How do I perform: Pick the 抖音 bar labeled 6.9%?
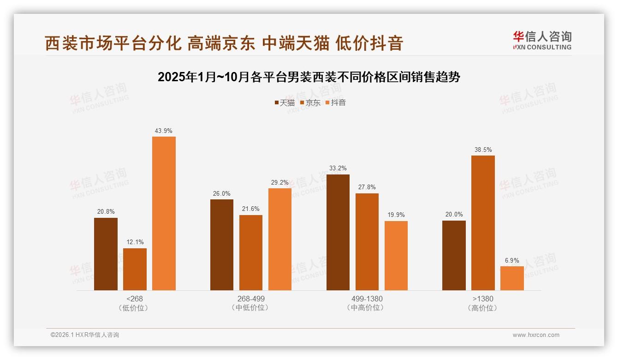512,278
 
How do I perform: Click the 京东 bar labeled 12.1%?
135,269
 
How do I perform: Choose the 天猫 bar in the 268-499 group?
222,245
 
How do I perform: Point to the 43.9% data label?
164,131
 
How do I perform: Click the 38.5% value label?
483,150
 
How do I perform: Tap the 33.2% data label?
338,168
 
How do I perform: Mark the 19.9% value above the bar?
396,215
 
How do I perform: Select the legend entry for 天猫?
285,103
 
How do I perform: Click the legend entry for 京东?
310,103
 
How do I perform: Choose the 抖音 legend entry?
336,103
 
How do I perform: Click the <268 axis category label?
134,299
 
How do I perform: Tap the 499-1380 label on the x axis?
367,299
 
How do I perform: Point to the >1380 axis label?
483,299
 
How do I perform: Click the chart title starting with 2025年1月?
309,77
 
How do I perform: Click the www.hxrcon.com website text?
536,335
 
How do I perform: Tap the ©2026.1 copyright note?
85,335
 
